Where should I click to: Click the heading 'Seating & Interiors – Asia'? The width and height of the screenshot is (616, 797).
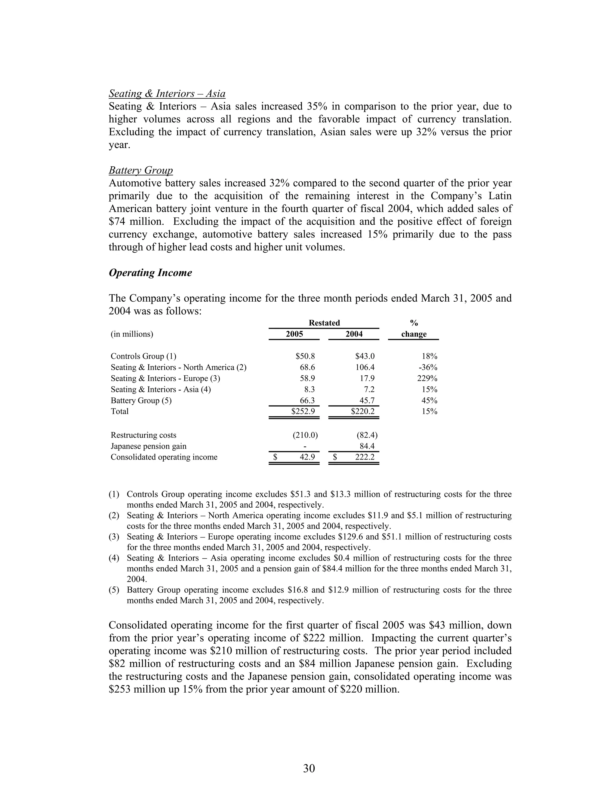167,94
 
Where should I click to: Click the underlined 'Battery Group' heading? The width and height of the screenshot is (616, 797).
140,171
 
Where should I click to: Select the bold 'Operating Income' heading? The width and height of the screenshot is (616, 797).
150,273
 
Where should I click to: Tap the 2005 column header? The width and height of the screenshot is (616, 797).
294,334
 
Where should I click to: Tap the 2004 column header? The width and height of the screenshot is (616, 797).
354,334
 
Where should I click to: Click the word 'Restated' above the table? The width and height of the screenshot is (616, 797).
324,323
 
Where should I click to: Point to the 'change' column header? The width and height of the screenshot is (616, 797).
414,334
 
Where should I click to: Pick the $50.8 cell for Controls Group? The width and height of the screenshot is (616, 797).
303,356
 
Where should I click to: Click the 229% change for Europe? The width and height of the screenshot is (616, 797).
427,378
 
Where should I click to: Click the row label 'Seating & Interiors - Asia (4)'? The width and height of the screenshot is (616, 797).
161,389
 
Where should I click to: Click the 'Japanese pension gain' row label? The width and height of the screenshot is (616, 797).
149,446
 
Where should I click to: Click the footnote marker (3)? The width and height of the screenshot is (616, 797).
114,537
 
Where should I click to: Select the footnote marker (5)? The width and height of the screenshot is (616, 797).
114,590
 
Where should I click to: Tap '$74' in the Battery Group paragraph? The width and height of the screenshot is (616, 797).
116,222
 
